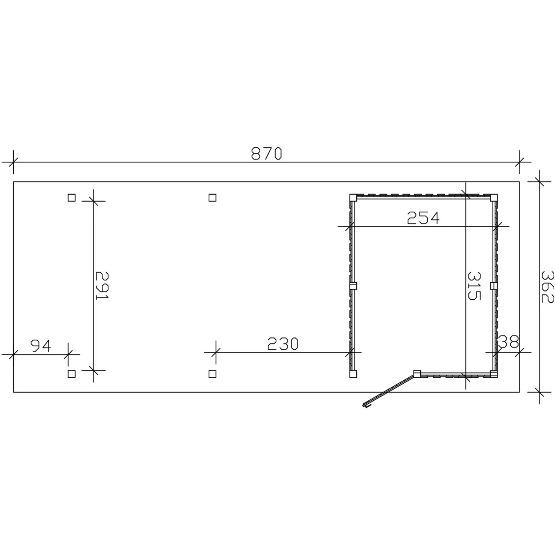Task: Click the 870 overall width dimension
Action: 266,154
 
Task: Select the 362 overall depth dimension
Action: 547,286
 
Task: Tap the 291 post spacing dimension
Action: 102,286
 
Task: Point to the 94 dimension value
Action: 41,346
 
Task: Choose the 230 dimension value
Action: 283,344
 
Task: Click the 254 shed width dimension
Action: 423,218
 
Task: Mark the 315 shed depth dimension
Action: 474,286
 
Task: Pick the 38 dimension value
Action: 509,342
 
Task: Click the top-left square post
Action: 72,198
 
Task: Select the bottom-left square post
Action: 72,374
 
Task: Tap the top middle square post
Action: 212,198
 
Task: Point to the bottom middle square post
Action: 212,374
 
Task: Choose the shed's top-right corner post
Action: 494,198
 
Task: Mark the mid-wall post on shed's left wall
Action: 353,286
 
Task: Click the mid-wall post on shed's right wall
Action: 493,286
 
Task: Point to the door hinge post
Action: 417,373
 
